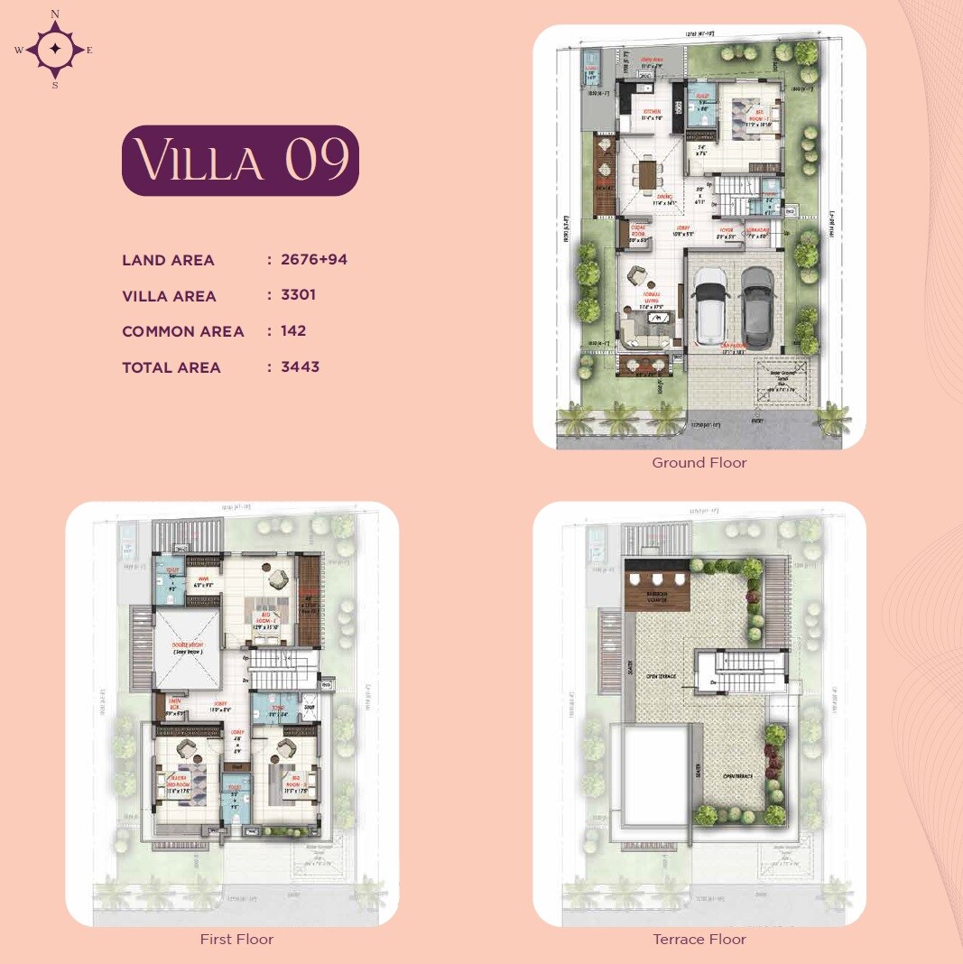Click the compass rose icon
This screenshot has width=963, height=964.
click(x=55, y=49)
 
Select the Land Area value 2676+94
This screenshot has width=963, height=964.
click(x=313, y=260)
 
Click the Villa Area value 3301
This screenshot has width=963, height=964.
click(x=298, y=295)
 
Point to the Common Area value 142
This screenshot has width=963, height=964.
click(x=293, y=330)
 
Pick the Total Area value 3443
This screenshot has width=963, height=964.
click(x=300, y=366)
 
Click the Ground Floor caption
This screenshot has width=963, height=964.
click(x=699, y=463)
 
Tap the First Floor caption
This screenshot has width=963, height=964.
click(x=236, y=940)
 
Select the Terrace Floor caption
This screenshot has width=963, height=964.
click(x=699, y=940)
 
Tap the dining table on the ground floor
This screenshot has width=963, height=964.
click(x=646, y=173)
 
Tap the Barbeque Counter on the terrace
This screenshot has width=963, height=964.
click(x=656, y=596)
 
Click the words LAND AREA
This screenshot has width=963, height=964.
click(x=168, y=260)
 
